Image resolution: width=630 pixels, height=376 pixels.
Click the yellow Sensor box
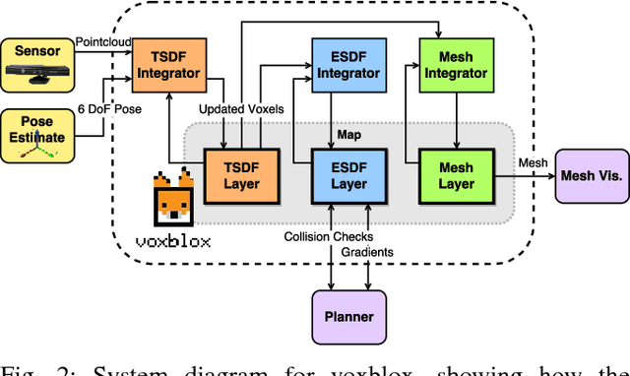pos(36,60)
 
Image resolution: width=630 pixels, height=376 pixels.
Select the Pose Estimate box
pos(36,134)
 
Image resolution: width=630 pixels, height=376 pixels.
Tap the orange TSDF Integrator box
pos(166,63)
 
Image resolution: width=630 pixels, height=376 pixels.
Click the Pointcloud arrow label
pos(102,43)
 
